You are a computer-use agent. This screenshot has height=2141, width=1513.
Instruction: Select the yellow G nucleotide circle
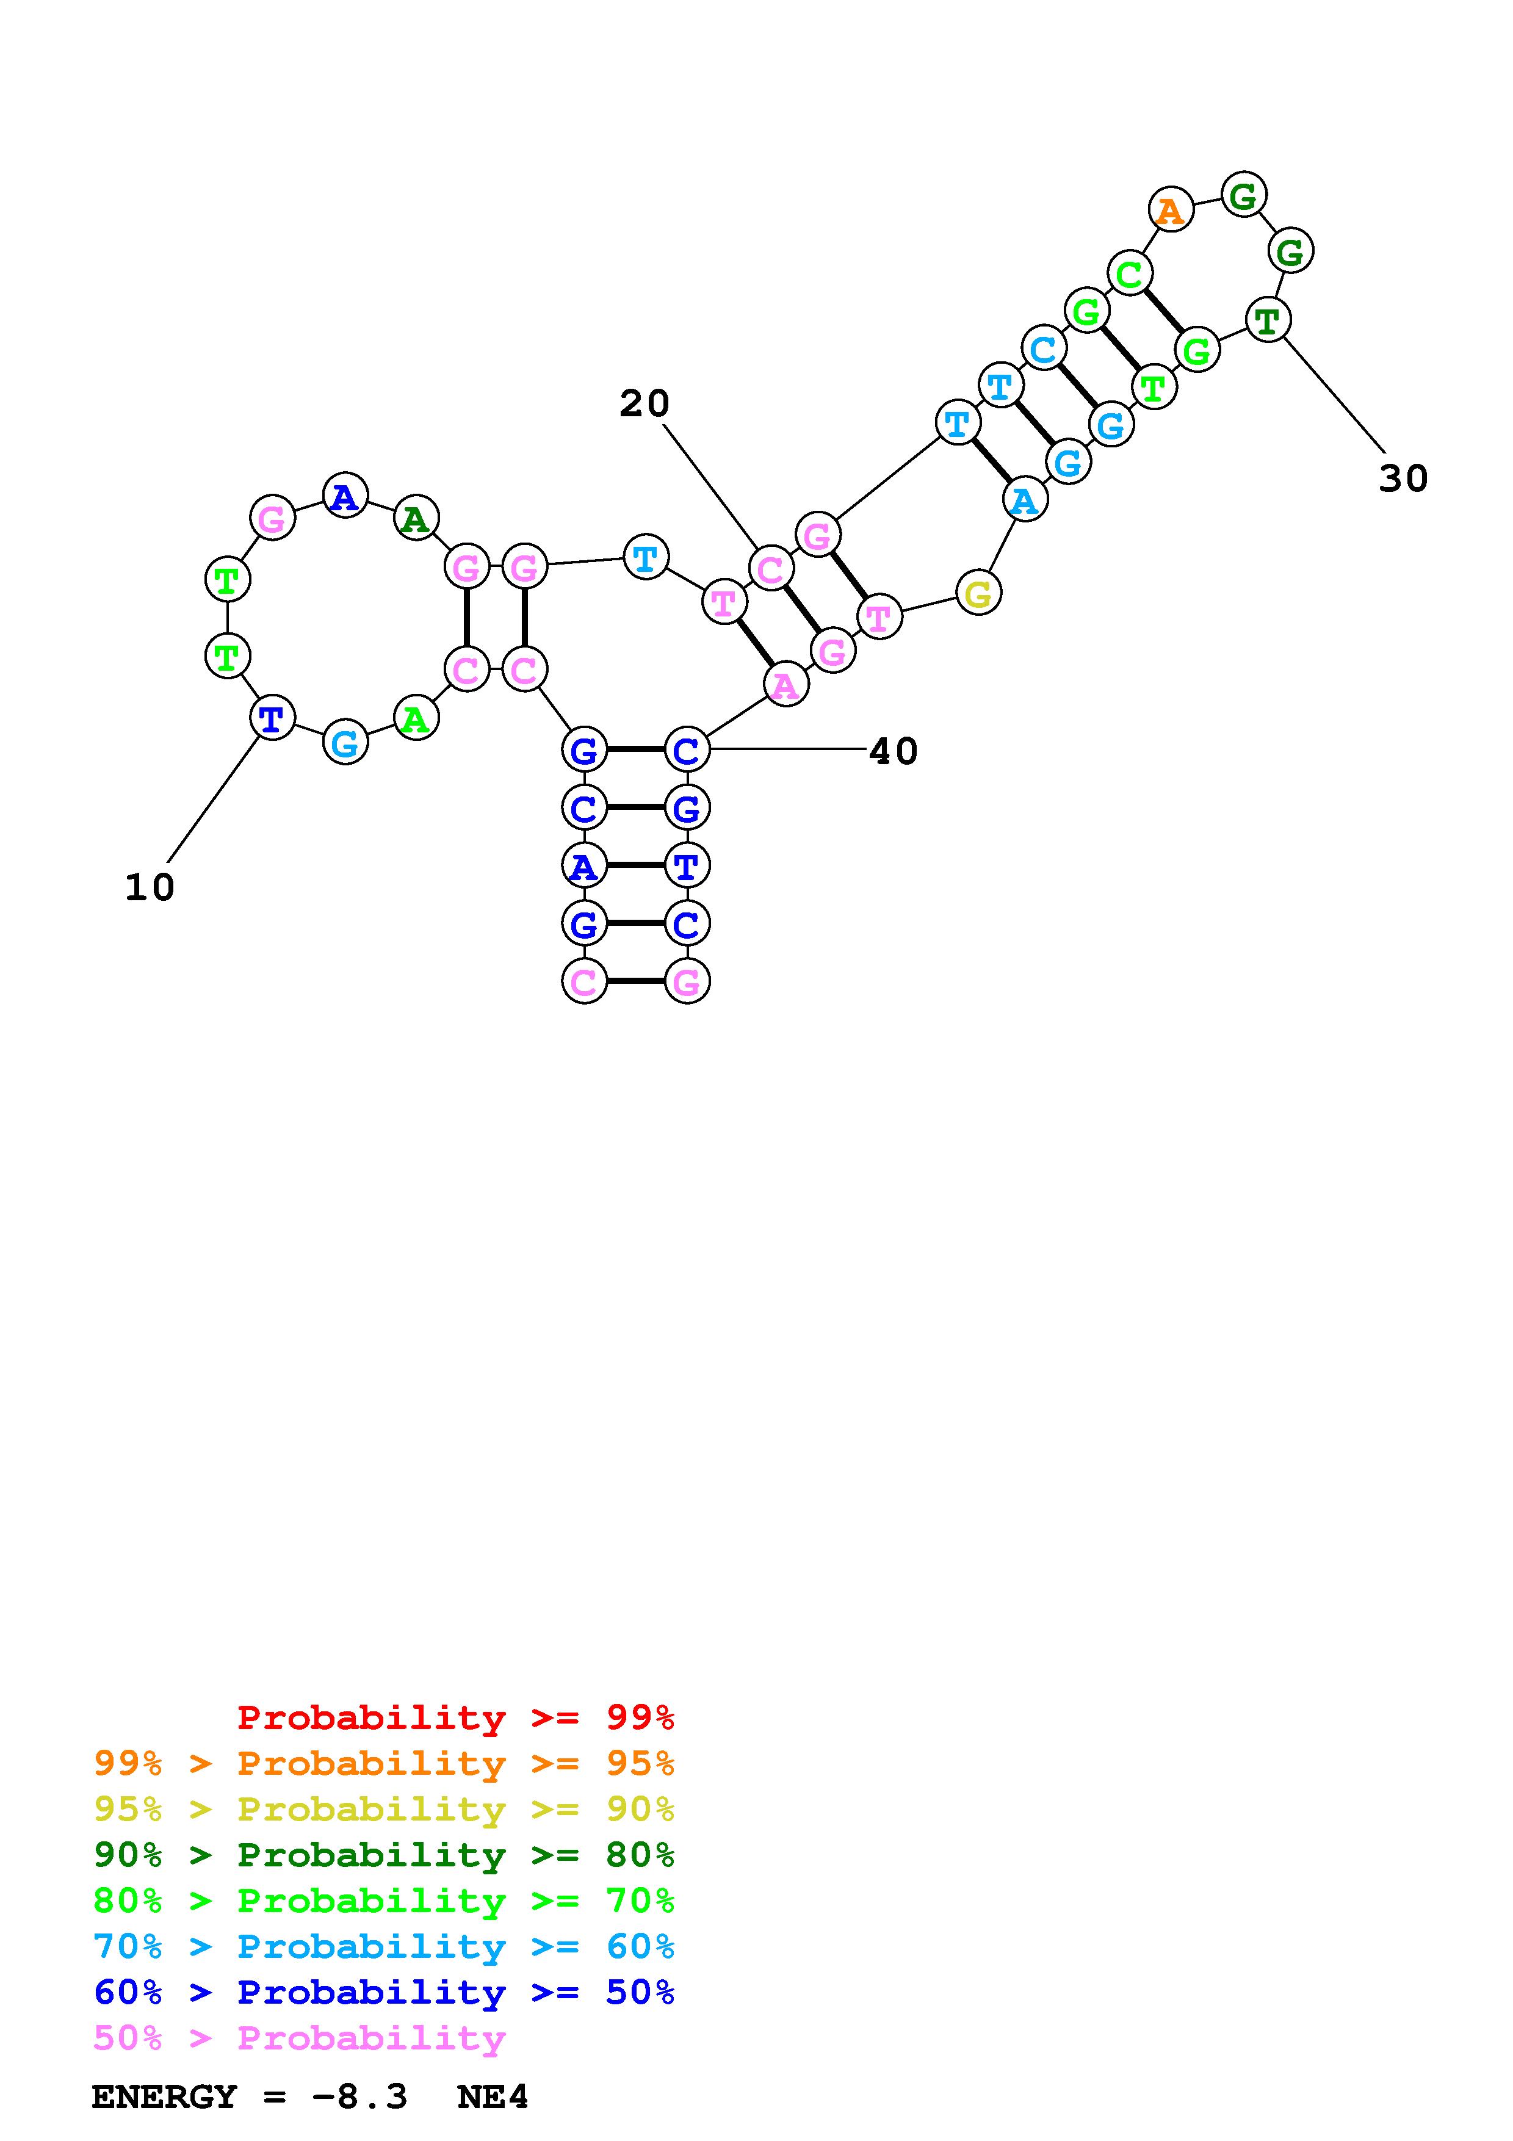point(978,593)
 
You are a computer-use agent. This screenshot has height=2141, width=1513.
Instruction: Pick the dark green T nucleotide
point(1268,321)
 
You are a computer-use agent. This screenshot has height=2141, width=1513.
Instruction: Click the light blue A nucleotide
point(1025,500)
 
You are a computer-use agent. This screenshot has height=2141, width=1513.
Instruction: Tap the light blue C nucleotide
point(1043,348)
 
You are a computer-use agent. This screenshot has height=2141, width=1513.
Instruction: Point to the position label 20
point(644,404)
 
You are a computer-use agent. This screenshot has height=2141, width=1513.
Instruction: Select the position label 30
point(1403,479)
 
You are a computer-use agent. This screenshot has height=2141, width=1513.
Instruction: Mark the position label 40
point(893,751)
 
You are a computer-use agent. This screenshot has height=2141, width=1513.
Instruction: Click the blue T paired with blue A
point(687,866)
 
